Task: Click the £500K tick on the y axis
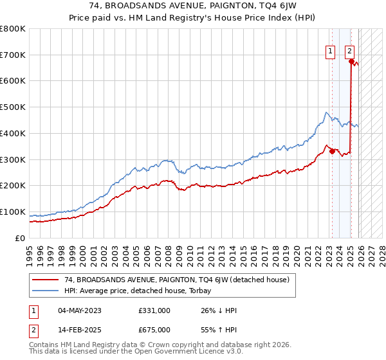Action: [13, 107]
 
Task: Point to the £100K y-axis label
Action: [13, 212]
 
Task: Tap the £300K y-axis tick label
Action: [13, 159]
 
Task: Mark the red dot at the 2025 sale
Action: [351, 62]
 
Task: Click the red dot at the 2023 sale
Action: [332, 152]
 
